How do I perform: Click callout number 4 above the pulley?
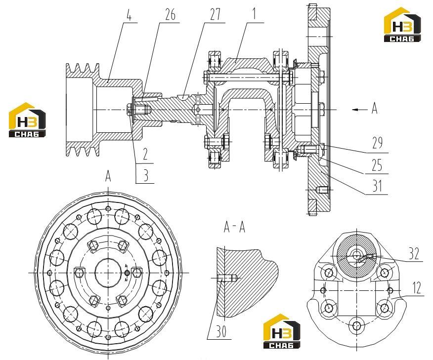click(x=129, y=15)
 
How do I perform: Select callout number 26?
click(x=170, y=15)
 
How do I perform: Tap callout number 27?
click(x=216, y=15)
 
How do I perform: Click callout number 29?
click(x=378, y=143)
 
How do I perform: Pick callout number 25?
click(x=377, y=165)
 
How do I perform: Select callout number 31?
click(x=377, y=186)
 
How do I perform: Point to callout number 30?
click(x=220, y=331)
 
